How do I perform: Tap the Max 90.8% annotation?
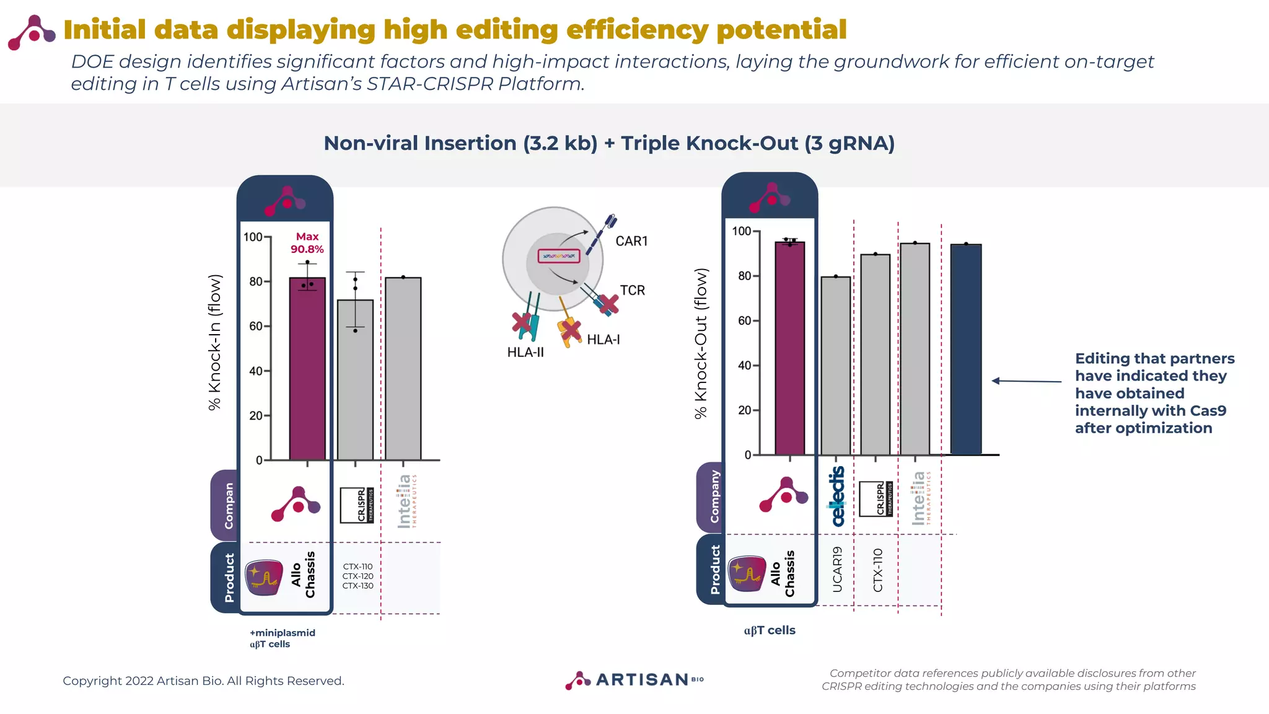pyautogui.click(x=307, y=243)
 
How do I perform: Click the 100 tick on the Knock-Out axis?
pyautogui.click(x=742, y=231)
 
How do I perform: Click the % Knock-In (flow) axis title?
pyautogui.click(x=215, y=343)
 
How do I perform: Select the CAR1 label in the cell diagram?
pyautogui.click(x=631, y=241)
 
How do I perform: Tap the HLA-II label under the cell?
pyautogui.click(x=525, y=353)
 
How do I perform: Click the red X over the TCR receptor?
pyautogui.click(x=608, y=304)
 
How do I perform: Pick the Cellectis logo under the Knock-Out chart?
pyautogui.click(x=837, y=496)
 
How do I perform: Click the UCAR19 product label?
pyautogui.click(x=837, y=570)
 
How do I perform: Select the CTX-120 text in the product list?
pyautogui.click(x=358, y=576)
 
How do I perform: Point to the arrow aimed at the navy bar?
pyautogui.click(x=1026, y=381)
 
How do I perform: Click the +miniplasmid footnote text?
pyautogui.click(x=283, y=633)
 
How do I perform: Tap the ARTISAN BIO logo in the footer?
pyautogui.click(x=634, y=680)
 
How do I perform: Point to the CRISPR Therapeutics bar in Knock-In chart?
pyautogui.click(x=355, y=380)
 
